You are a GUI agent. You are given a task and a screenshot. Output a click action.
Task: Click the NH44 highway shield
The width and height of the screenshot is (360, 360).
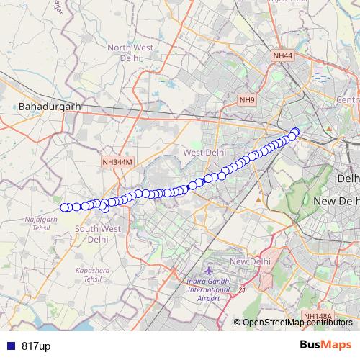(283, 55)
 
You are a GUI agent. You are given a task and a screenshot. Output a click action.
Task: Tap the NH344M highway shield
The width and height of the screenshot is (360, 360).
(117, 163)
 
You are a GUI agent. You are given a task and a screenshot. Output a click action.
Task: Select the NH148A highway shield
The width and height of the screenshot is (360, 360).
(318, 316)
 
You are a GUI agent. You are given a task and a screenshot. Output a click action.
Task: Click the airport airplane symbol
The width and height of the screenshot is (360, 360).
(209, 269)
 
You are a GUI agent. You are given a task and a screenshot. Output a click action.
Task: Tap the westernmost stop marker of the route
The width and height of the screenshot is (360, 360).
(64, 207)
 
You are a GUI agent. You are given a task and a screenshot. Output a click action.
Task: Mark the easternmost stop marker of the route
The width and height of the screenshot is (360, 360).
(295, 132)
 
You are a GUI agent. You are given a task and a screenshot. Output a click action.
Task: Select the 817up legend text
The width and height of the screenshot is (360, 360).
(36, 346)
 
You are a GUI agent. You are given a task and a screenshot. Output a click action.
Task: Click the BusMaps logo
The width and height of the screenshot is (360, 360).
(321, 346)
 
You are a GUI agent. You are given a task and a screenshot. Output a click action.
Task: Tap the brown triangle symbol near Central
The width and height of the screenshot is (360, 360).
(328, 128)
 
